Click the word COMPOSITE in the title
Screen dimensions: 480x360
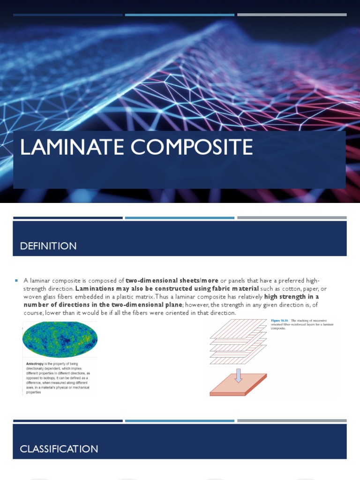[192, 147]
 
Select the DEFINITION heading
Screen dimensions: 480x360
[48, 246]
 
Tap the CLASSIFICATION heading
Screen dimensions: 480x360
[59, 449]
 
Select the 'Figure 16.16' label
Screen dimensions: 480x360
[280, 320]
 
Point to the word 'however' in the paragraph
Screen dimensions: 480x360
[197, 305]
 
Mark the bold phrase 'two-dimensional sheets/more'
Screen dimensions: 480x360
[172, 280]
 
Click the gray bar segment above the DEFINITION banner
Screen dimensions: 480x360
[292, 217]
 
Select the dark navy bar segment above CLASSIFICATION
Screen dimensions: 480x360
[68, 420]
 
